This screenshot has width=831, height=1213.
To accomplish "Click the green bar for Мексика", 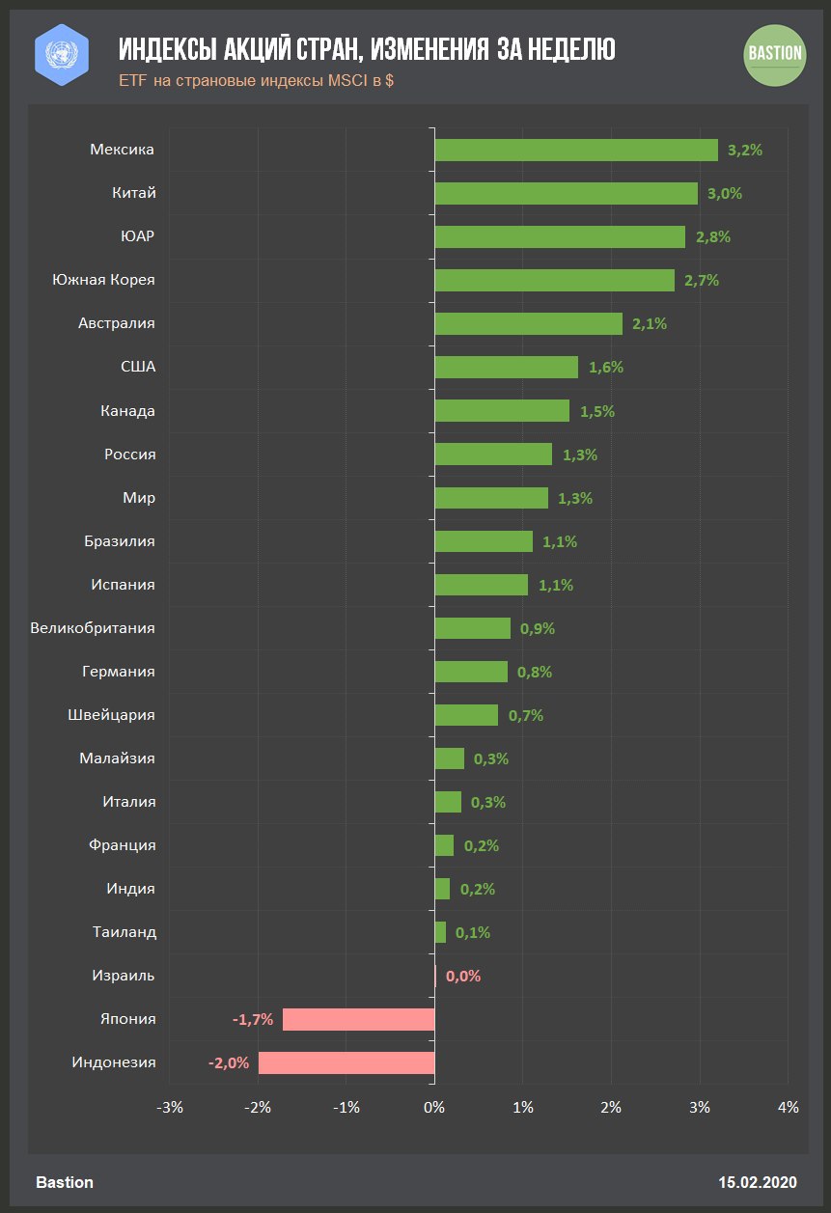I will [x=575, y=150].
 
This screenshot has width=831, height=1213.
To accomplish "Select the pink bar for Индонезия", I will [x=346, y=1062].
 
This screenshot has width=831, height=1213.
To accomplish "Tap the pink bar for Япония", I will [x=358, y=1019].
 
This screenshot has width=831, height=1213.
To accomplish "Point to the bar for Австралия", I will [x=528, y=323].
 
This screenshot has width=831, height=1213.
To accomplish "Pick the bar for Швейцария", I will [x=466, y=715].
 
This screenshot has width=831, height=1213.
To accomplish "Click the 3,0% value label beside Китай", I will [x=724, y=193].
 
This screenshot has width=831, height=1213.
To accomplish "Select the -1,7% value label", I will [x=253, y=1019].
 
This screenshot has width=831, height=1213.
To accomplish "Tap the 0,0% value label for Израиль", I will [x=463, y=976].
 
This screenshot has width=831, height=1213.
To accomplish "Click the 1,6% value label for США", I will [x=605, y=367].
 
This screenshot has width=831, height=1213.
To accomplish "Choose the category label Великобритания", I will [x=93, y=628].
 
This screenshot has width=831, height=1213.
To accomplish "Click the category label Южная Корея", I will [x=103, y=280].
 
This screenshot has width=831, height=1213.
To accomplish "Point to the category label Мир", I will [x=139, y=498].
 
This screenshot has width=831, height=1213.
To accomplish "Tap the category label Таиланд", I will [x=125, y=932].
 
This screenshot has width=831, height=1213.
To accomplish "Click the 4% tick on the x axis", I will [x=788, y=1107].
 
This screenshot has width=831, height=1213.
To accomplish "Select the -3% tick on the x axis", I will [x=170, y=1107].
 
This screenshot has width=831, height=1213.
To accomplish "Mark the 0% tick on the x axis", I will [x=434, y=1107].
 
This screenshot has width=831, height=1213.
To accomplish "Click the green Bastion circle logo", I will [x=775, y=53].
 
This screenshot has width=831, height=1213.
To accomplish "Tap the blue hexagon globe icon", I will [x=62, y=53].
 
